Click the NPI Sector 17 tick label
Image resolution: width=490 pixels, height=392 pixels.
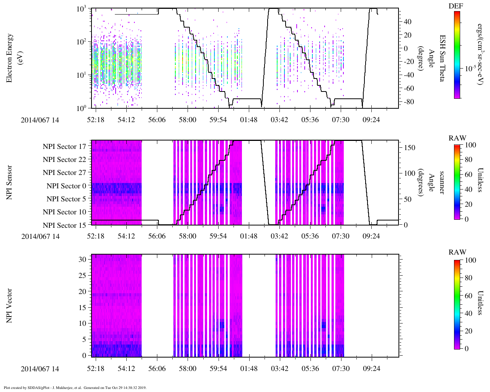click(x=64, y=147)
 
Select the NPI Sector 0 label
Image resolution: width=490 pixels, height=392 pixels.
click(x=66, y=186)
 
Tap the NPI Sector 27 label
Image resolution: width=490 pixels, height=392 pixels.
click(x=64, y=173)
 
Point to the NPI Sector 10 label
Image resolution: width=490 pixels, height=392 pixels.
click(x=64, y=212)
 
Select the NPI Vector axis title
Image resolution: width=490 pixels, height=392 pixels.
click(x=10, y=305)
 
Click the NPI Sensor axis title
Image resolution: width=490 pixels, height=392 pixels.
click(x=10, y=182)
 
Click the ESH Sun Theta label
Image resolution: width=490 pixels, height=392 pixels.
click(x=442, y=58)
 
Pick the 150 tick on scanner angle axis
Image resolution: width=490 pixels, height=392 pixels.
click(x=410, y=148)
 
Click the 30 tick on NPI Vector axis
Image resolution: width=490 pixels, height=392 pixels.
click(x=83, y=259)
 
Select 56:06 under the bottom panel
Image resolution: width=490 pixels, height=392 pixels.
click(x=157, y=369)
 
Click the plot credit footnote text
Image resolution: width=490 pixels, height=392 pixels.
click(x=75, y=388)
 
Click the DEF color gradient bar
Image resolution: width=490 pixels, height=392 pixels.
click(x=457, y=55)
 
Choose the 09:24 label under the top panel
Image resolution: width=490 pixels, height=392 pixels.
click(x=371, y=120)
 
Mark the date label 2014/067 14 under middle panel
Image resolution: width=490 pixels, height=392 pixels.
click(x=40, y=237)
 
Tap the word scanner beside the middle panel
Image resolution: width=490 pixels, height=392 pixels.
click(x=442, y=182)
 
